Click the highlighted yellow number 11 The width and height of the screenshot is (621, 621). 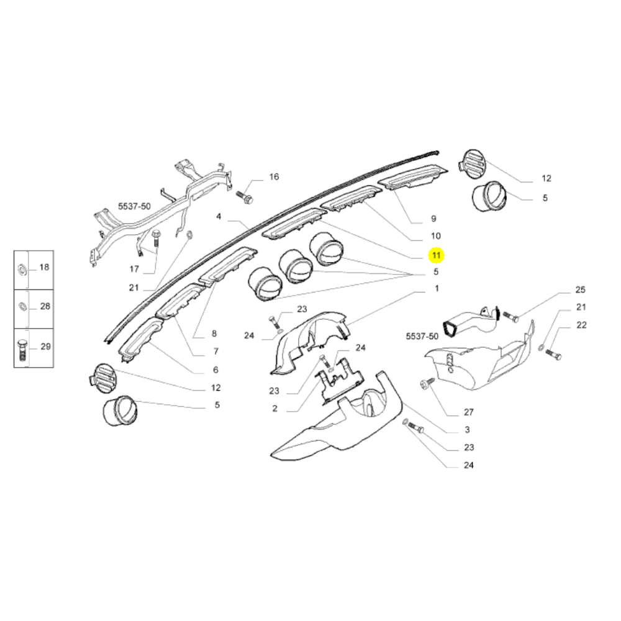click(436, 255)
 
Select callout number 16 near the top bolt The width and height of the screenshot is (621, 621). click(274, 177)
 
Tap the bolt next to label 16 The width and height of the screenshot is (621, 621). click(244, 197)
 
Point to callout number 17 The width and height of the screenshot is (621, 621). click(134, 269)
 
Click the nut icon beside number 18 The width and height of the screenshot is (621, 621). click(20, 268)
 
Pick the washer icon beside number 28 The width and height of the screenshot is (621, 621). click(20, 306)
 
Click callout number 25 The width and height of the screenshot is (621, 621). click(581, 290)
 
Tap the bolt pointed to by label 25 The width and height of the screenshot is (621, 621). click(510, 317)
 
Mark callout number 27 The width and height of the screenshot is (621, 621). click(469, 412)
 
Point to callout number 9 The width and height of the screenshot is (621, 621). click(433, 219)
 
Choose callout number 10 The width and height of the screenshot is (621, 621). click(435, 236)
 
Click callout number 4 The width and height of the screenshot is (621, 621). click(219, 217)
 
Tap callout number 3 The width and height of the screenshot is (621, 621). click(467, 430)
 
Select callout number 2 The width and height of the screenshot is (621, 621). click(274, 409)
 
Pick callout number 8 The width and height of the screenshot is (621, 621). click(214, 333)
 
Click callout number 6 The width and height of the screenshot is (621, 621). click(215, 370)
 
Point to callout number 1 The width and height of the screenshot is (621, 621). click(437, 289)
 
